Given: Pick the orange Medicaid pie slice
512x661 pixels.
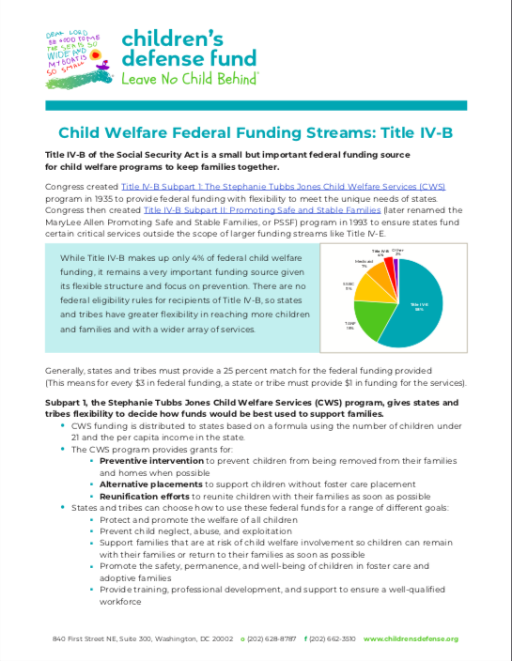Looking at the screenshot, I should [x=370, y=277].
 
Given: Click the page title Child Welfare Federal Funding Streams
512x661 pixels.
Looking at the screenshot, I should [x=256, y=133].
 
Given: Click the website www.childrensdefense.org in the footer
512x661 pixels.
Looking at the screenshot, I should [x=411, y=638].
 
